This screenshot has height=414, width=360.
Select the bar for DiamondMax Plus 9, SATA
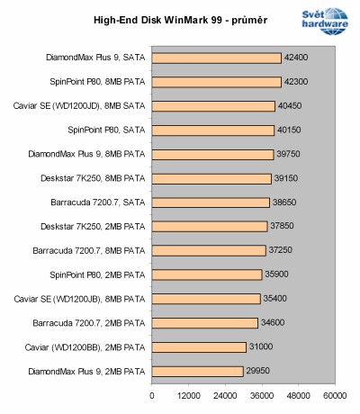[x=217, y=58]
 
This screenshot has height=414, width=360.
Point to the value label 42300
[x=296, y=83]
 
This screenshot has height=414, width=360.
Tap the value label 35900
[x=276, y=274]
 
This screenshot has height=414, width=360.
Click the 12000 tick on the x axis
[x=188, y=394]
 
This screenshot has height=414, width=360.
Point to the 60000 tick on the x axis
[x=335, y=394]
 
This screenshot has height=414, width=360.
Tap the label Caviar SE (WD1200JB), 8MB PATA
[x=80, y=299]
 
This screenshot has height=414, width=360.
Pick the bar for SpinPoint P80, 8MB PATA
[x=216, y=83]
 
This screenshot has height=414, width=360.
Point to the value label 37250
[x=280, y=250]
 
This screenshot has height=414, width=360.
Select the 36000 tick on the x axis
[x=262, y=394]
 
